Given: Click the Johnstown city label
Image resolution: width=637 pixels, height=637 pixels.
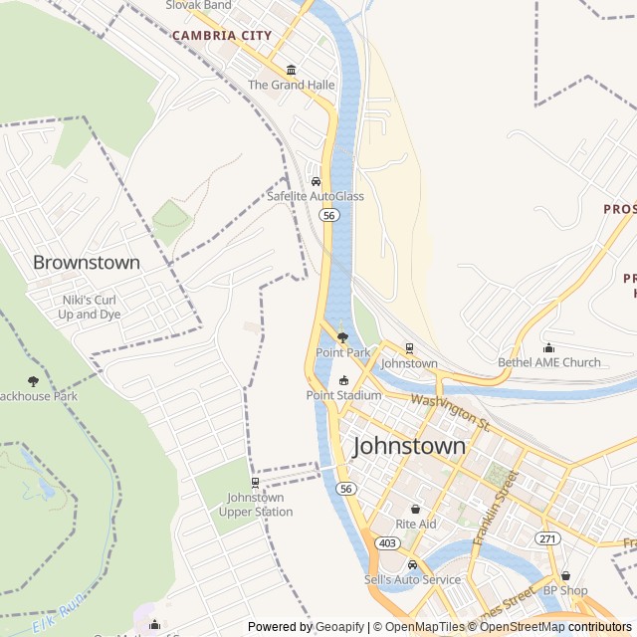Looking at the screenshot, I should pos(408,446).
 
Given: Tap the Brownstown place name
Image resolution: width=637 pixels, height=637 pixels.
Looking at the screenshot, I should pos(87,263).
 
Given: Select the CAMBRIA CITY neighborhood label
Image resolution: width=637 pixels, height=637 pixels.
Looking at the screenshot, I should pos(221,36).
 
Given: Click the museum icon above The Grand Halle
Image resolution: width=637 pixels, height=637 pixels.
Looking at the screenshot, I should pos(291,70).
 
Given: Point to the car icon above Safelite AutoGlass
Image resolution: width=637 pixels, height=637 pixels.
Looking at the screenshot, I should pos(316,181).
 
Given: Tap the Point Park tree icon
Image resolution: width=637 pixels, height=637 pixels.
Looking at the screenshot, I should pos(343,337).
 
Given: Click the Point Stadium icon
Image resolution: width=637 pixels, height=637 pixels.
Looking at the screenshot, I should pos(343,380).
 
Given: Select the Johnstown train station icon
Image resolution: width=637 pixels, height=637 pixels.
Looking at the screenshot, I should pos(409,348).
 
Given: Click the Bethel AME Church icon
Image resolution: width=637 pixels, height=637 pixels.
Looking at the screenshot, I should pos(549,347).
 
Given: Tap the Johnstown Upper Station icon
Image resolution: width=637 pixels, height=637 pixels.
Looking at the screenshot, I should pos(256,483).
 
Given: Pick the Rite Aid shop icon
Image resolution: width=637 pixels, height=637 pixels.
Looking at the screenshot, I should pos(415,509).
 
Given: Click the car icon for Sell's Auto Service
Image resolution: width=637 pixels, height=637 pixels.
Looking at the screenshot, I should pos(412,564).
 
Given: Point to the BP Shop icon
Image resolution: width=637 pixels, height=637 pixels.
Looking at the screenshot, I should pos(565,575).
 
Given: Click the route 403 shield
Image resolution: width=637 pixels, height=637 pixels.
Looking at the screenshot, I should pos(387,543).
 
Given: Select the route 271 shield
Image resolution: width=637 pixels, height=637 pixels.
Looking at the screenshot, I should pos(547,538).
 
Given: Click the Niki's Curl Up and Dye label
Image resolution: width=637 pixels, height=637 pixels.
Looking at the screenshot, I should pos(90,307).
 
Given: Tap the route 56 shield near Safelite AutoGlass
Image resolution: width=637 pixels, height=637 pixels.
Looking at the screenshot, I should pos(329,215).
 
